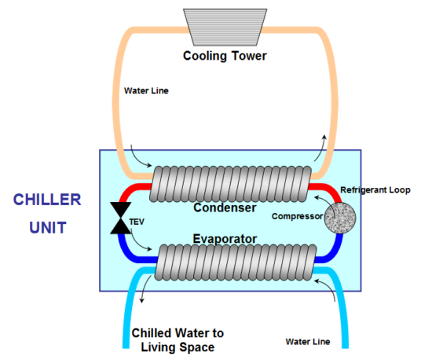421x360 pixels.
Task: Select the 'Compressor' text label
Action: click(298, 217)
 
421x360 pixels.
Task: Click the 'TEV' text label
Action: click(137, 222)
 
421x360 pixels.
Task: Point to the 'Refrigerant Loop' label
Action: click(375, 190)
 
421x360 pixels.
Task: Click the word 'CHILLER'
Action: click(47, 199)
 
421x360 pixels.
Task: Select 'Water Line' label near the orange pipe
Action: click(147, 90)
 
